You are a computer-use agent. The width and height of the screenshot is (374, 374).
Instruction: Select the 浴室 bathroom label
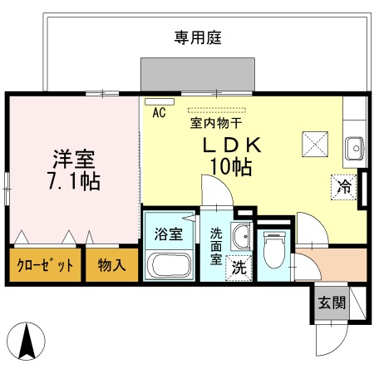click(169, 234)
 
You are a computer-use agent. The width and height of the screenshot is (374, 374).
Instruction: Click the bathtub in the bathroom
click(170, 266)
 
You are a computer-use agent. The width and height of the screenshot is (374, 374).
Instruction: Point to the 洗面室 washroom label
click(215, 245)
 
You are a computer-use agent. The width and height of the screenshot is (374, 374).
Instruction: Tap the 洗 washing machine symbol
click(239, 268)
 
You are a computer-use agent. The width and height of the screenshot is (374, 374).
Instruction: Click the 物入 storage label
click(111, 266)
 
